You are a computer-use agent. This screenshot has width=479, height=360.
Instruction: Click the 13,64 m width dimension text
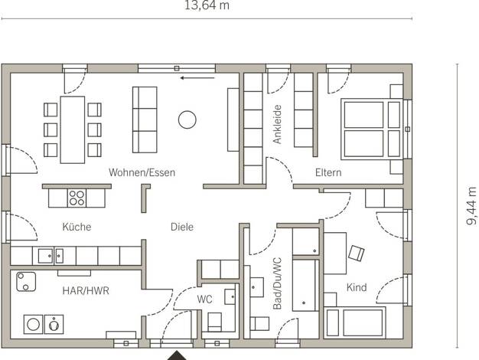coord(207,5)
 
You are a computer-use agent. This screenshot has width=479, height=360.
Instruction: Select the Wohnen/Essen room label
coord(142,172)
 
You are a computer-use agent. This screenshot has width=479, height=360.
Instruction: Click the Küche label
coord(77,227)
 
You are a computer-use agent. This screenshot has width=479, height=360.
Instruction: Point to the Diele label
coord(182,227)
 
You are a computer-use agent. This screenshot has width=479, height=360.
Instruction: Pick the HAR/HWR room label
coord(86,290)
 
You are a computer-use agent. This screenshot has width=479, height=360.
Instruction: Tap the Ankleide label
coord(277,124)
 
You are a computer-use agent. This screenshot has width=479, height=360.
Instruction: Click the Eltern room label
coord(328,172)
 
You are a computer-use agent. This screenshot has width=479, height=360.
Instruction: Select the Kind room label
coord(357,287)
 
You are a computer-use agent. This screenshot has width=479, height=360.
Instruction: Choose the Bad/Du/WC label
coord(277,283)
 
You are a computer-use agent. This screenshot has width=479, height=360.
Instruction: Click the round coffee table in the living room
coord(187,119)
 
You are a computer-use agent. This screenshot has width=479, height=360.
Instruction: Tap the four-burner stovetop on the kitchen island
coord(77,198)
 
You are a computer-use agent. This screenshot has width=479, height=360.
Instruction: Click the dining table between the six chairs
coord(73,129)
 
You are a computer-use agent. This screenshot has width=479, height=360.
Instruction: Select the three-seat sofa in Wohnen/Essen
coord(145,119)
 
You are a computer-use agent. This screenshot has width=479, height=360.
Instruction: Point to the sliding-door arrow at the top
coord(197,78)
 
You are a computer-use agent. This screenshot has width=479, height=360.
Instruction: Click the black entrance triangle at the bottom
coord(177,356)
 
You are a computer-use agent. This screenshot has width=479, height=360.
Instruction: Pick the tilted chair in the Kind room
coord(357,253)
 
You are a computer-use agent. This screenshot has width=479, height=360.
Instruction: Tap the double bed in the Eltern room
coord(372,129)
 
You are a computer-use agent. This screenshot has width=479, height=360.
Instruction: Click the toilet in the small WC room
coord(215,322)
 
